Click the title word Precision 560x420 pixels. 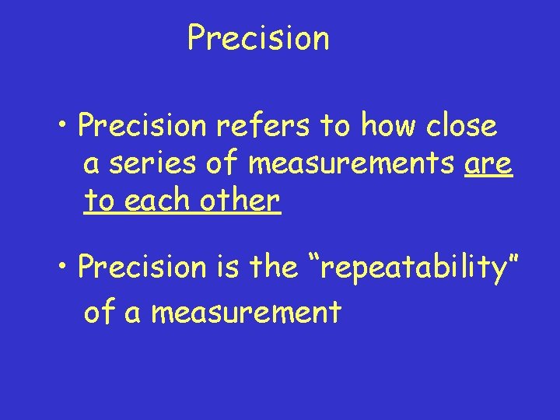(258, 37)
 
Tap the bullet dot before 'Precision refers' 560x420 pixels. (64, 126)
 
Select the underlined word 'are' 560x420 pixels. (488, 163)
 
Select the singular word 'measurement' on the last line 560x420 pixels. (246, 312)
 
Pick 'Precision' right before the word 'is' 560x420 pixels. (141, 267)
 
